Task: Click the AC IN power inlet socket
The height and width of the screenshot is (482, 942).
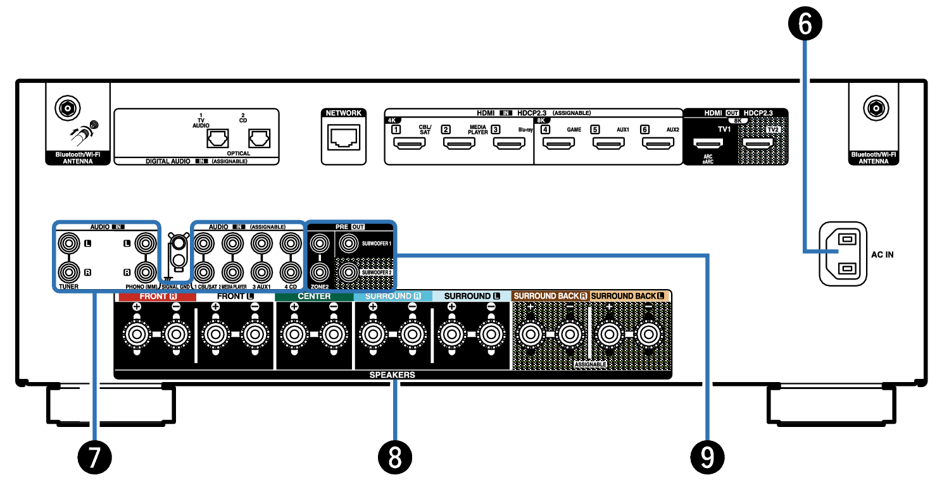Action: pyautogui.click(x=844, y=254)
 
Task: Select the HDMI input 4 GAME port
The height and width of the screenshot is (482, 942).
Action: pyautogui.click(x=559, y=144)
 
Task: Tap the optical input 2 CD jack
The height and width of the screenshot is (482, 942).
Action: pyautogui.click(x=258, y=137)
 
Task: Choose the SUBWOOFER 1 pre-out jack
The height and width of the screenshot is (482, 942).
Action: pyautogui.click(x=348, y=242)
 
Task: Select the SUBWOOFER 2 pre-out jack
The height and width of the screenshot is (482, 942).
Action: pyautogui.click(x=348, y=272)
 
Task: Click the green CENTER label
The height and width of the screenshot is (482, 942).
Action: pyautogui.click(x=314, y=296)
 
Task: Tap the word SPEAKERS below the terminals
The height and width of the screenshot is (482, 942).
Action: pyautogui.click(x=392, y=374)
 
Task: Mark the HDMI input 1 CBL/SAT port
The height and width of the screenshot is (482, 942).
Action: pyautogui.click(x=410, y=144)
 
